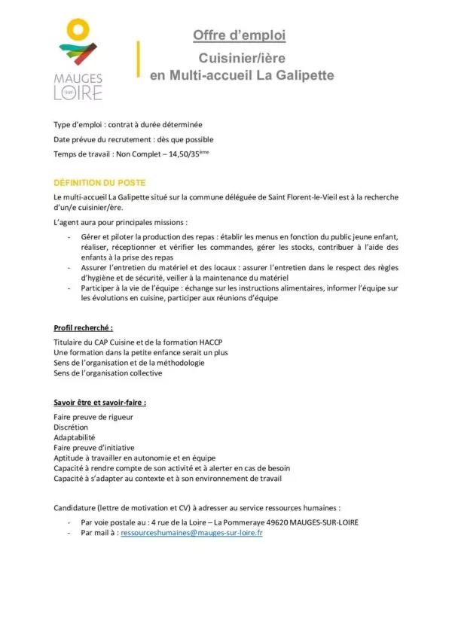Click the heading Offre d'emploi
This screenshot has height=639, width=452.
click(239, 35)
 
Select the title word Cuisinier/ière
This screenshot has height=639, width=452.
click(239, 58)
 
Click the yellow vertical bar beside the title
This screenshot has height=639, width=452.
click(138, 59)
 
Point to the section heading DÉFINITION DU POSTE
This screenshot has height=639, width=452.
click(99, 183)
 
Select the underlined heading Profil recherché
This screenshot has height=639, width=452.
click(84, 328)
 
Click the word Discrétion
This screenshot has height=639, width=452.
click(71, 428)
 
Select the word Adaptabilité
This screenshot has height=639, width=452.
click(75, 437)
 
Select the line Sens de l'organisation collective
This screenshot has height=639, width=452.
click(108, 373)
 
